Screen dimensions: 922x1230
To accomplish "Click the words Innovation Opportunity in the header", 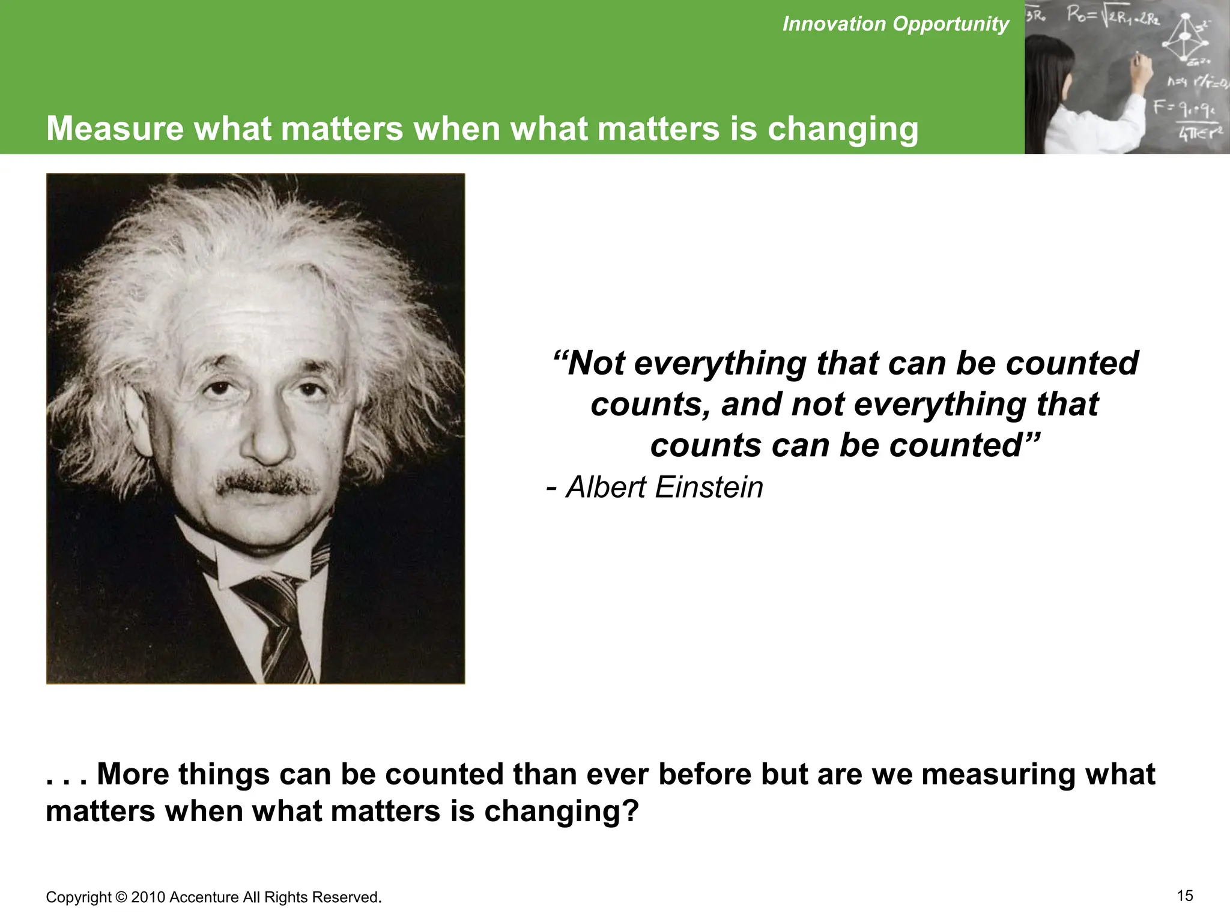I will (895, 24).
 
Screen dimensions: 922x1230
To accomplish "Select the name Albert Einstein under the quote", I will (664, 487).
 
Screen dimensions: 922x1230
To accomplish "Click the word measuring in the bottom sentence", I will (998, 774).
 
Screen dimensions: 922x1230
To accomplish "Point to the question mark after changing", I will (628, 811).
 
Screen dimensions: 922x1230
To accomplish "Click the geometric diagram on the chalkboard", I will (1186, 38).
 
